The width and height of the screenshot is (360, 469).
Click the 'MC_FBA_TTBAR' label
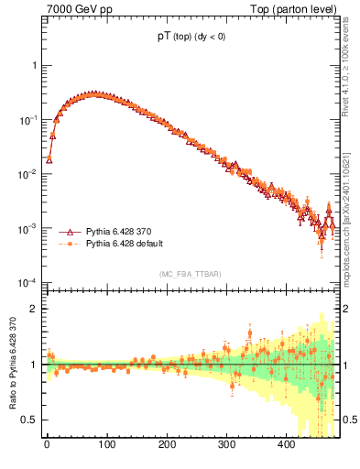[x=189, y=275]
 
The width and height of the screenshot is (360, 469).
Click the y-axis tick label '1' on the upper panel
[x=33, y=66]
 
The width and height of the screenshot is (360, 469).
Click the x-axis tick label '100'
[x=106, y=444]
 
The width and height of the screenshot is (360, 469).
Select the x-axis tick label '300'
[x=226, y=444]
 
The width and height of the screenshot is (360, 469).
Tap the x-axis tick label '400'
[x=286, y=444]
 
